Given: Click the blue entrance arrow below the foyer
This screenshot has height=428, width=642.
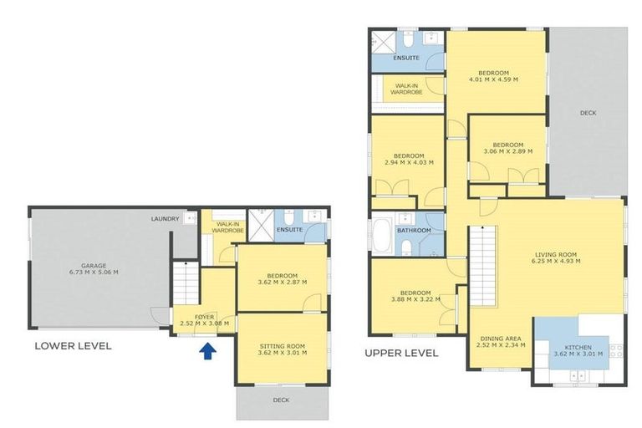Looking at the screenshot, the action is (207, 351).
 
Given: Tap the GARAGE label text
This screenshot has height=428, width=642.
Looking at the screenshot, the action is (94, 265).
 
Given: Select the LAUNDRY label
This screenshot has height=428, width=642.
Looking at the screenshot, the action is (165, 219).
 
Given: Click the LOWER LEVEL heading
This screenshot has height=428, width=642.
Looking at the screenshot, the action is (73, 346).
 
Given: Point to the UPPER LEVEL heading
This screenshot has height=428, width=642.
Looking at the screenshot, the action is (401, 353).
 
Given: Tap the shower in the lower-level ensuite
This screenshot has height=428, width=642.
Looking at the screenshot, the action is (261, 225).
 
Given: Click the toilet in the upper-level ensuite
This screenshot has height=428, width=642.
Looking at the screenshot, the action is (408, 39).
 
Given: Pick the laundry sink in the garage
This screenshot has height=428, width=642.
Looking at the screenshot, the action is (190, 218).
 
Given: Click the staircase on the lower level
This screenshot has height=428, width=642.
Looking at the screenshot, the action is (186, 283).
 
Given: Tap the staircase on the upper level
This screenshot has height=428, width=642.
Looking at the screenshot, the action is (481, 266).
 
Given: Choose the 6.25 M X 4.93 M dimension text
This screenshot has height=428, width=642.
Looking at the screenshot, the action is (556, 261).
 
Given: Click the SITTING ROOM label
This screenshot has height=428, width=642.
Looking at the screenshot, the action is (282, 346).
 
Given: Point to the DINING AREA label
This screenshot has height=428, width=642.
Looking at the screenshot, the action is (501, 339).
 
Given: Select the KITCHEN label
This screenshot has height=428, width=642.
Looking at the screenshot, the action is (578, 347).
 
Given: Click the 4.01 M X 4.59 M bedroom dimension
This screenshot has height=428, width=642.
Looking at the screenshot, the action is (493, 79).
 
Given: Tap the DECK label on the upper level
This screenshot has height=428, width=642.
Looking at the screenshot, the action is (588, 113).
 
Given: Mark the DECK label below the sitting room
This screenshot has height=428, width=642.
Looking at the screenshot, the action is (281, 400).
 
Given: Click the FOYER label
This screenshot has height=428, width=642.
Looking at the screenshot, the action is (204, 317).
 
